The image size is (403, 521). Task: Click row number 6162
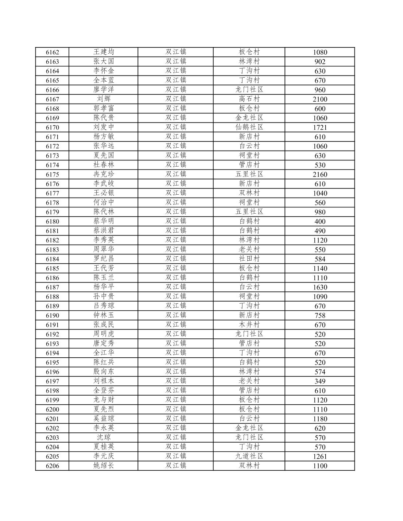tap(52, 52)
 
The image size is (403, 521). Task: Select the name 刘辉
tap(104, 99)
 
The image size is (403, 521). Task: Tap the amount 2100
tap(320, 99)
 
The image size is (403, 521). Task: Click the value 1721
tap(320, 127)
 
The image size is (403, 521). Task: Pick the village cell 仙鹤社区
tap(249, 127)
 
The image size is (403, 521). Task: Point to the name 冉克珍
tap(104, 174)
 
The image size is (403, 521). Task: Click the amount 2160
tap(320, 174)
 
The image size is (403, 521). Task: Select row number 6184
tap(52, 259)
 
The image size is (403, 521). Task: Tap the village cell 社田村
tap(249, 258)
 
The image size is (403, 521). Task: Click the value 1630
tap(320, 287)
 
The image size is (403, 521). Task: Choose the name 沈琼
tap(104, 437)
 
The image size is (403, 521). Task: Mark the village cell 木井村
tap(249, 324)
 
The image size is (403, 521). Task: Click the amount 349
tap(320, 381)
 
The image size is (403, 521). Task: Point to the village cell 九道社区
tap(249, 456)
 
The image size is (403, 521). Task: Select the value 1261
tap(320, 456)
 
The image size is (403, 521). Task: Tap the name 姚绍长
tap(104, 466)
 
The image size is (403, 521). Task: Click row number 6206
tap(52, 466)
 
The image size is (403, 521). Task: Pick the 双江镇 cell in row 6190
tap(176, 315)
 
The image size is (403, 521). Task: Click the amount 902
tap(320, 62)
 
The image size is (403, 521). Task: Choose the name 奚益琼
tap(104, 419)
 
